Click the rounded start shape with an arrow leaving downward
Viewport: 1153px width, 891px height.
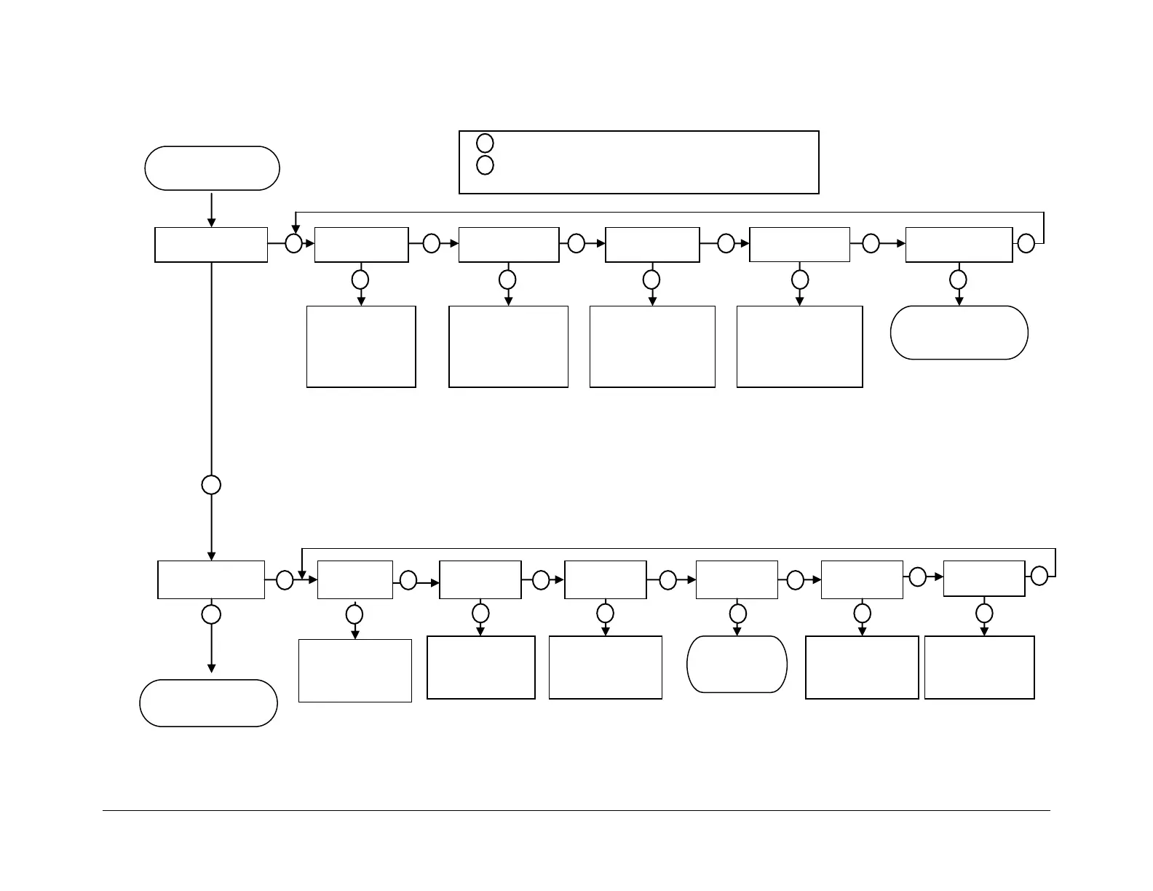tap(212, 168)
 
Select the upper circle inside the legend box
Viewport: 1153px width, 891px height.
tap(485, 143)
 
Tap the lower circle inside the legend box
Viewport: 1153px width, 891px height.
tap(485, 165)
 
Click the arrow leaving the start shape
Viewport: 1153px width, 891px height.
tap(211, 210)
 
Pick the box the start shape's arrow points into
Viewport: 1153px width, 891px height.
tap(211, 245)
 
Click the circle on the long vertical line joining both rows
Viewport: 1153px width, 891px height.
tap(211, 485)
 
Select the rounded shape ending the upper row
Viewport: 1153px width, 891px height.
tap(959, 333)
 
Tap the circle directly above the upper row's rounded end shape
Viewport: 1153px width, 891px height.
tap(959, 280)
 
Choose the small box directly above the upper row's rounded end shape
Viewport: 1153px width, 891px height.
tap(959, 245)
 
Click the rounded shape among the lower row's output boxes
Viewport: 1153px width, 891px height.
tap(737, 664)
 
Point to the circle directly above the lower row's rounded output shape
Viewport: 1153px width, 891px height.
tap(737, 613)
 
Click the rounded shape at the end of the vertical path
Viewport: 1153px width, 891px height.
tap(208, 703)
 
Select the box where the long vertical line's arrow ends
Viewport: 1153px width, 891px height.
tap(211, 579)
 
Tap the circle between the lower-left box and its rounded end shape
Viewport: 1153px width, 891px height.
tap(211, 614)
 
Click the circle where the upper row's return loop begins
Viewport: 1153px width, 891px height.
tap(1026, 243)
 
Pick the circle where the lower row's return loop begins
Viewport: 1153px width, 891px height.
tap(1039, 576)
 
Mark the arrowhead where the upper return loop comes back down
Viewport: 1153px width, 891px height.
tap(296, 228)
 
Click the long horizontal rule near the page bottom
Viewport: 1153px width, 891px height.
tap(576, 810)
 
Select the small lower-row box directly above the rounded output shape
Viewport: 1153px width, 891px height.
tap(737, 579)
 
